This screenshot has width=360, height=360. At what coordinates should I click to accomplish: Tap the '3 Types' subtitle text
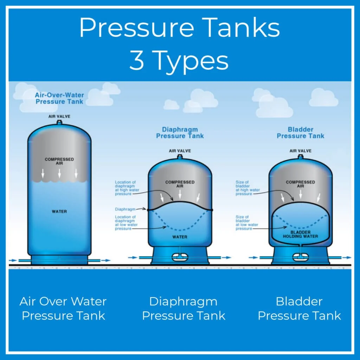tap(179, 61)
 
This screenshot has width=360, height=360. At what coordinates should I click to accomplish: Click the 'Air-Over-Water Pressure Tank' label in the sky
tap(59, 98)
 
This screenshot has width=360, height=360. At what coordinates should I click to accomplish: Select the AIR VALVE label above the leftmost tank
tap(59, 116)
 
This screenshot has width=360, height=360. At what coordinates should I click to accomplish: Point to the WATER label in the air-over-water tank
tap(59, 212)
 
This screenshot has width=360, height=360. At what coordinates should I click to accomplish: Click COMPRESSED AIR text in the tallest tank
tap(59, 161)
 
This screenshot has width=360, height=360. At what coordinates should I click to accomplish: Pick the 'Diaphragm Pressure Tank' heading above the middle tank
tap(180, 133)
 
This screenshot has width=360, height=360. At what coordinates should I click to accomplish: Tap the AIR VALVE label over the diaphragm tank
tap(180, 151)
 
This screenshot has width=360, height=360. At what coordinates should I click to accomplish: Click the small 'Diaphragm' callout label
tap(125, 209)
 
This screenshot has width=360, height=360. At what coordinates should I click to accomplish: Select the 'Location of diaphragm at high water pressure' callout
tap(126, 188)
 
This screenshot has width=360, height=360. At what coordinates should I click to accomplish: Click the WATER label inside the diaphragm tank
tap(180, 237)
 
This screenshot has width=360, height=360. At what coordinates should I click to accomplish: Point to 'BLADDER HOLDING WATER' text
tap(300, 234)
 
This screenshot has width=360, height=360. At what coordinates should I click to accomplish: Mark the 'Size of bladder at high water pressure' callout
tap(247, 188)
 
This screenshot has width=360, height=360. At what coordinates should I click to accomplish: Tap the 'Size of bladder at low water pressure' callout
tap(247, 223)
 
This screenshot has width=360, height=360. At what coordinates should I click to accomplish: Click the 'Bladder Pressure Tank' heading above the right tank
tap(301, 133)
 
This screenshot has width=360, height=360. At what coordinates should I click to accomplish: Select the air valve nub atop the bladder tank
tap(301, 156)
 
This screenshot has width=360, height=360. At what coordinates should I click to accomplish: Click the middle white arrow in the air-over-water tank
tap(59, 173)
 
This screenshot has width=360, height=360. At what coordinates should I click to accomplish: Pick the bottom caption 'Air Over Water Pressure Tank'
tap(63, 308)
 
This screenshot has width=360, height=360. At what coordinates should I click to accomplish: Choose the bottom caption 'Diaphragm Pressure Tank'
tap(183, 308)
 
